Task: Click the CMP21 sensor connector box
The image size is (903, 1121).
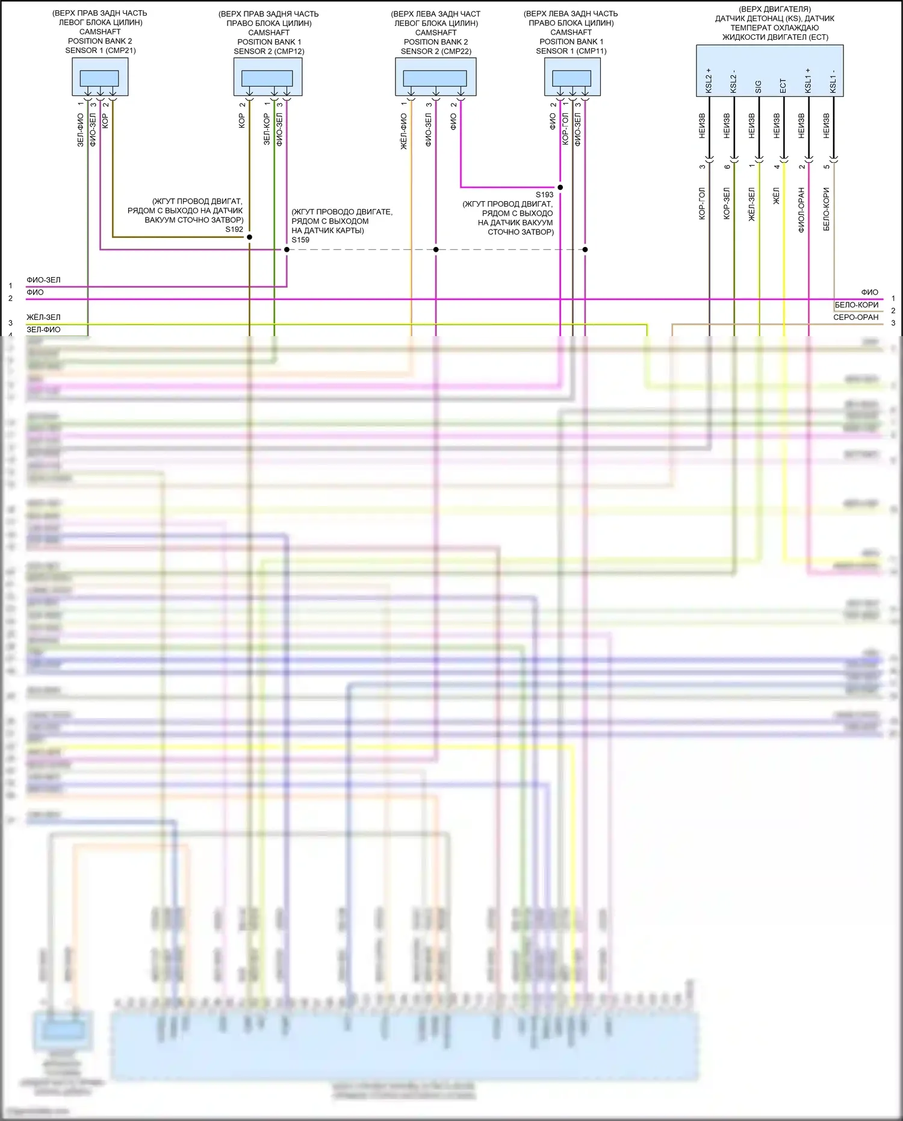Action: click(x=100, y=78)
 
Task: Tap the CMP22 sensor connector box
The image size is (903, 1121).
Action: click(x=435, y=78)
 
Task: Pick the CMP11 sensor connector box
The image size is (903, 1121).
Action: click(x=572, y=78)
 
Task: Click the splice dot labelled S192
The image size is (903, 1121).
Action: click(x=249, y=237)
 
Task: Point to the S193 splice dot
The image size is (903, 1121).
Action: click(x=560, y=187)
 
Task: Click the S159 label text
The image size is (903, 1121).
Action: click(x=300, y=240)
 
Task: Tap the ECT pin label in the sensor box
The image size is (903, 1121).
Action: click(x=783, y=86)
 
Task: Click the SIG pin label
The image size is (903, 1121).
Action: click(x=759, y=87)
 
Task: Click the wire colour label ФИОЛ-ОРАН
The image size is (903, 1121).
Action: click(x=801, y=210)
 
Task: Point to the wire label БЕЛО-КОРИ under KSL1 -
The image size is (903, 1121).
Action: click(x=827, y=209)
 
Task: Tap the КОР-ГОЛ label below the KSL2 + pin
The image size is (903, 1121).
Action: click(x=702, y=204)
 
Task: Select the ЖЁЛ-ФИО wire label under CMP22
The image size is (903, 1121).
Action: click(x=404, y=131)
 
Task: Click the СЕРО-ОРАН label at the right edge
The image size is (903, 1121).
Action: click(x=855, y=317)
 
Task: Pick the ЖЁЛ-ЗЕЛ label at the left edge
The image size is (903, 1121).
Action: click(x=43, y=317)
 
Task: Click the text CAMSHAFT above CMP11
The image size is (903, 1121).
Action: click(x=571, y=33)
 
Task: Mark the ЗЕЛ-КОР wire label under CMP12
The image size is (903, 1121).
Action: click(x=267, y=129)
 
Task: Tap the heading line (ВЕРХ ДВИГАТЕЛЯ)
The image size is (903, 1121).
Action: click(x=775, y=10)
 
